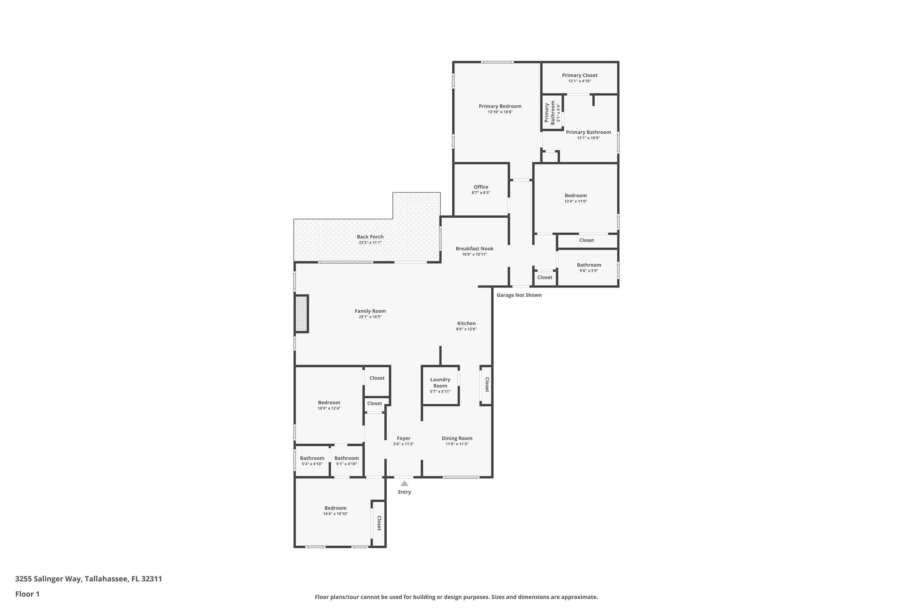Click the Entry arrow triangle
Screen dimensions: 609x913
404,484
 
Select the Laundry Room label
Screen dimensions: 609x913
440,382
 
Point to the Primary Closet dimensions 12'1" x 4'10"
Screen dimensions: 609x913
579,81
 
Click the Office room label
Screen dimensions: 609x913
481,187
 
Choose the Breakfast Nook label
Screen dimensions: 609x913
474,248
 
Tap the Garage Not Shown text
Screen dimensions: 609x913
519,295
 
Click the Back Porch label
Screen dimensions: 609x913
370,237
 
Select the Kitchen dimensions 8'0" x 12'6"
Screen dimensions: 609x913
466,329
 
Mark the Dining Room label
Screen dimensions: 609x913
457,438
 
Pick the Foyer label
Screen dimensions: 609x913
403,438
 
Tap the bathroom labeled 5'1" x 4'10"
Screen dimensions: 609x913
346,458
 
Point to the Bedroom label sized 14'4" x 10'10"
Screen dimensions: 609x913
335,508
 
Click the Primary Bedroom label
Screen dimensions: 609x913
500,106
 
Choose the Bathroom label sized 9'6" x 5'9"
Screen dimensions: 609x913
589,265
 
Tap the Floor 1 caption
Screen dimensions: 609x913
27,594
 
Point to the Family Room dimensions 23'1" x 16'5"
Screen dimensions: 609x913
370,317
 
